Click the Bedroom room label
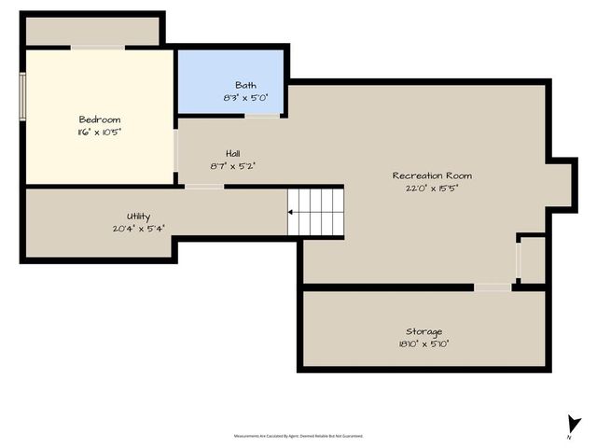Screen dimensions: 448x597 99,119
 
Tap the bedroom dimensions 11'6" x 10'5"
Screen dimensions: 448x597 99,133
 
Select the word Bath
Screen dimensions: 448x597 245,84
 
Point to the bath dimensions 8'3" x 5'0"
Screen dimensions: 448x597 245,97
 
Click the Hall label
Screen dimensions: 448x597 233,153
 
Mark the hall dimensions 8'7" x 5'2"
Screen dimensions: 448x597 233,165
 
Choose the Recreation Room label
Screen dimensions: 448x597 431,175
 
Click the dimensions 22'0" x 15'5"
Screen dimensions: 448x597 431,188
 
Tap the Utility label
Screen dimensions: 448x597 138,216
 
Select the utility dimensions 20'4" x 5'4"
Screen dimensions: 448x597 138,228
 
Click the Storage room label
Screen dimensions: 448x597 423,331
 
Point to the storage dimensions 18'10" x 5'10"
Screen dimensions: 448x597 423,343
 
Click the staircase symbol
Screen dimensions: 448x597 315,211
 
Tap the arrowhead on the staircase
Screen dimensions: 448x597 291,212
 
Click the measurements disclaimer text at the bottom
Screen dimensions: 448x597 298,435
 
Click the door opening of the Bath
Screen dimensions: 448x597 262,116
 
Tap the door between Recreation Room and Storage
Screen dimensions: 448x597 492,287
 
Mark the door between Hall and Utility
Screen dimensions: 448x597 203,187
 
